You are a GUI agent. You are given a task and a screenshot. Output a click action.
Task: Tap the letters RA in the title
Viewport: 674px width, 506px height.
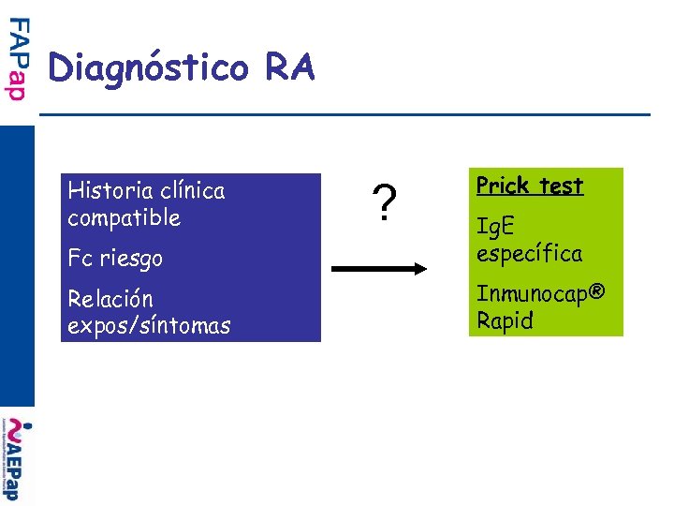pyautogui.click(x=290, y=67)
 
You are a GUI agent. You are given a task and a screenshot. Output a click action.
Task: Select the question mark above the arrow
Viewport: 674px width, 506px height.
pyautogui.click(x=382, y=201)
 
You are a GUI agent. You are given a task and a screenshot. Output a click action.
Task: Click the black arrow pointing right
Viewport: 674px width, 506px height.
pyautogui.click(x=379, y=269)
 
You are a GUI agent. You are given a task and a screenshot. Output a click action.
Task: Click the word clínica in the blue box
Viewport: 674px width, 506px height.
pyautogui.click(x=192, y=191)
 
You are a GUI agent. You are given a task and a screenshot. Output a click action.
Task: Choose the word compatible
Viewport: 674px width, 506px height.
pyautogui.click(x=124, y=218)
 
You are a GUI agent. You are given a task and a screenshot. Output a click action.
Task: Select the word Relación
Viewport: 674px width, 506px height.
pyautogui.click(x=110, y=299)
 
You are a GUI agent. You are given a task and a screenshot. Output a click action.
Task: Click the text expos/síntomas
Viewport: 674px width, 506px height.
pyautogui.click(x=149, y=326)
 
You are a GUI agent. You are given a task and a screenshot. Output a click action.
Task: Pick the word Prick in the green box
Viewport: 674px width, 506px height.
pyautogui.click(x=502, y=186)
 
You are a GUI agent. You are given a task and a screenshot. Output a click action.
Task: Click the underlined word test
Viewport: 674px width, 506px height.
pyautogui.click(x=560, y=186)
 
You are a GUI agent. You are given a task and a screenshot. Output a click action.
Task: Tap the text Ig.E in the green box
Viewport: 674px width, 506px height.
pyautogui.click(x=495, y=226)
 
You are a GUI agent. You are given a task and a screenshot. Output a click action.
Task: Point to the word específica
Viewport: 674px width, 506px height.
pyautogui.click(x=529, y=253)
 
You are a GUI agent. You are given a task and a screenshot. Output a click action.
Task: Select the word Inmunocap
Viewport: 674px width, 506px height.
pyautogui.click(x=531, y=293)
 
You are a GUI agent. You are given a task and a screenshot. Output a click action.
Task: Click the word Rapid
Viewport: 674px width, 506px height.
pyautogui.click(x=505, y=320)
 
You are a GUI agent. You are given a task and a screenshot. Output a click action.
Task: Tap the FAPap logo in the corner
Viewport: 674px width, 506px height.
pyautogui.click(x=19, y=59)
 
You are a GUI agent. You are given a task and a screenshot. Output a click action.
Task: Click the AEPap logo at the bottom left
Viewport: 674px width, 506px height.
pyautogui.click(x=19, y=462)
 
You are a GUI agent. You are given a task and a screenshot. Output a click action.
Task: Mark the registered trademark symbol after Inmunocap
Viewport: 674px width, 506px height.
pyautogui.click(x=597, y=292)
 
